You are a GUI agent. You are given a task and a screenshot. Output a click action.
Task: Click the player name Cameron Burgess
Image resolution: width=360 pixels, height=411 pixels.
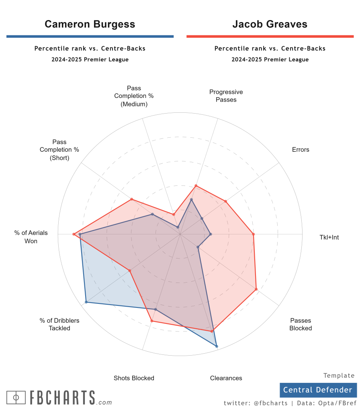[x=90, y=24]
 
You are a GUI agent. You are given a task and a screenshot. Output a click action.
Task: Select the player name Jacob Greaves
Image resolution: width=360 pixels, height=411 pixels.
[x=270, y=24]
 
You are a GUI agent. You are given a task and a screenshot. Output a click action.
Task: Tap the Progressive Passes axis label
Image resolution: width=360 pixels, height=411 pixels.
[x=226, y=96]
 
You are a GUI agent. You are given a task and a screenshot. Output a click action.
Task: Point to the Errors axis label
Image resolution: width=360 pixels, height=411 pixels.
[x=301, y=150]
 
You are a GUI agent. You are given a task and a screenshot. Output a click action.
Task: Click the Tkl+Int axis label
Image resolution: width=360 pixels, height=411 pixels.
[x=329, y=237]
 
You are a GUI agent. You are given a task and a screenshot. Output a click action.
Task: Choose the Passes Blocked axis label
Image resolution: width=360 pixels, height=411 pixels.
[x=301, y=324]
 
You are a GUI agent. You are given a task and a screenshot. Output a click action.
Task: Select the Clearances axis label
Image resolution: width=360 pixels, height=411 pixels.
[x=226, y=378]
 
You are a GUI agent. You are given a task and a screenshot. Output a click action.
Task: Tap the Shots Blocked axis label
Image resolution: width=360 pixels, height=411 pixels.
[x=134, y=378]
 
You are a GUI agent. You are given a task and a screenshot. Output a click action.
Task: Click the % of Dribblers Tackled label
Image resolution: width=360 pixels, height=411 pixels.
[x=59, y=324]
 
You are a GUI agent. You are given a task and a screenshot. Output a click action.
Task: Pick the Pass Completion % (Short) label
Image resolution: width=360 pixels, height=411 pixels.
[x=59, y=150]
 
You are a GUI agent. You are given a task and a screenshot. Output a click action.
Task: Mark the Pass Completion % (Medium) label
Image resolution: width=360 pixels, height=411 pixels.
[x=134, y=96]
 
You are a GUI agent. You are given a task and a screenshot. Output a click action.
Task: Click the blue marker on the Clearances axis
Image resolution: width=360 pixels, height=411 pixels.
[x=216, y=346]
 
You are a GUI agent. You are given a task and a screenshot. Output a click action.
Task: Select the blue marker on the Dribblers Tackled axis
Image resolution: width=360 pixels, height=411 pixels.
[x=86, y=302]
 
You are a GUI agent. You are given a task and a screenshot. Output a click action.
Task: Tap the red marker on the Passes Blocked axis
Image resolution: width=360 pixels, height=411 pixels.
[x=256, y=289]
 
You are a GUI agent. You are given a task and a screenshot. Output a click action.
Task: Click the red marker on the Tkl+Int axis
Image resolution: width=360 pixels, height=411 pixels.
[x=254, y=234]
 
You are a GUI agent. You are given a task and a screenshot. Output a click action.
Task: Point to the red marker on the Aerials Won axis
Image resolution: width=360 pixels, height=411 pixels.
[x=74, y=234]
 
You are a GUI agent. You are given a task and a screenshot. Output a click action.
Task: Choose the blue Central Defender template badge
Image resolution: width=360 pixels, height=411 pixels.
[x=318, y=390]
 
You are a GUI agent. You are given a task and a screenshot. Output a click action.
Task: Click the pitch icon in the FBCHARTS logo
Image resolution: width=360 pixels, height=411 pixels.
[x=16, y=397]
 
